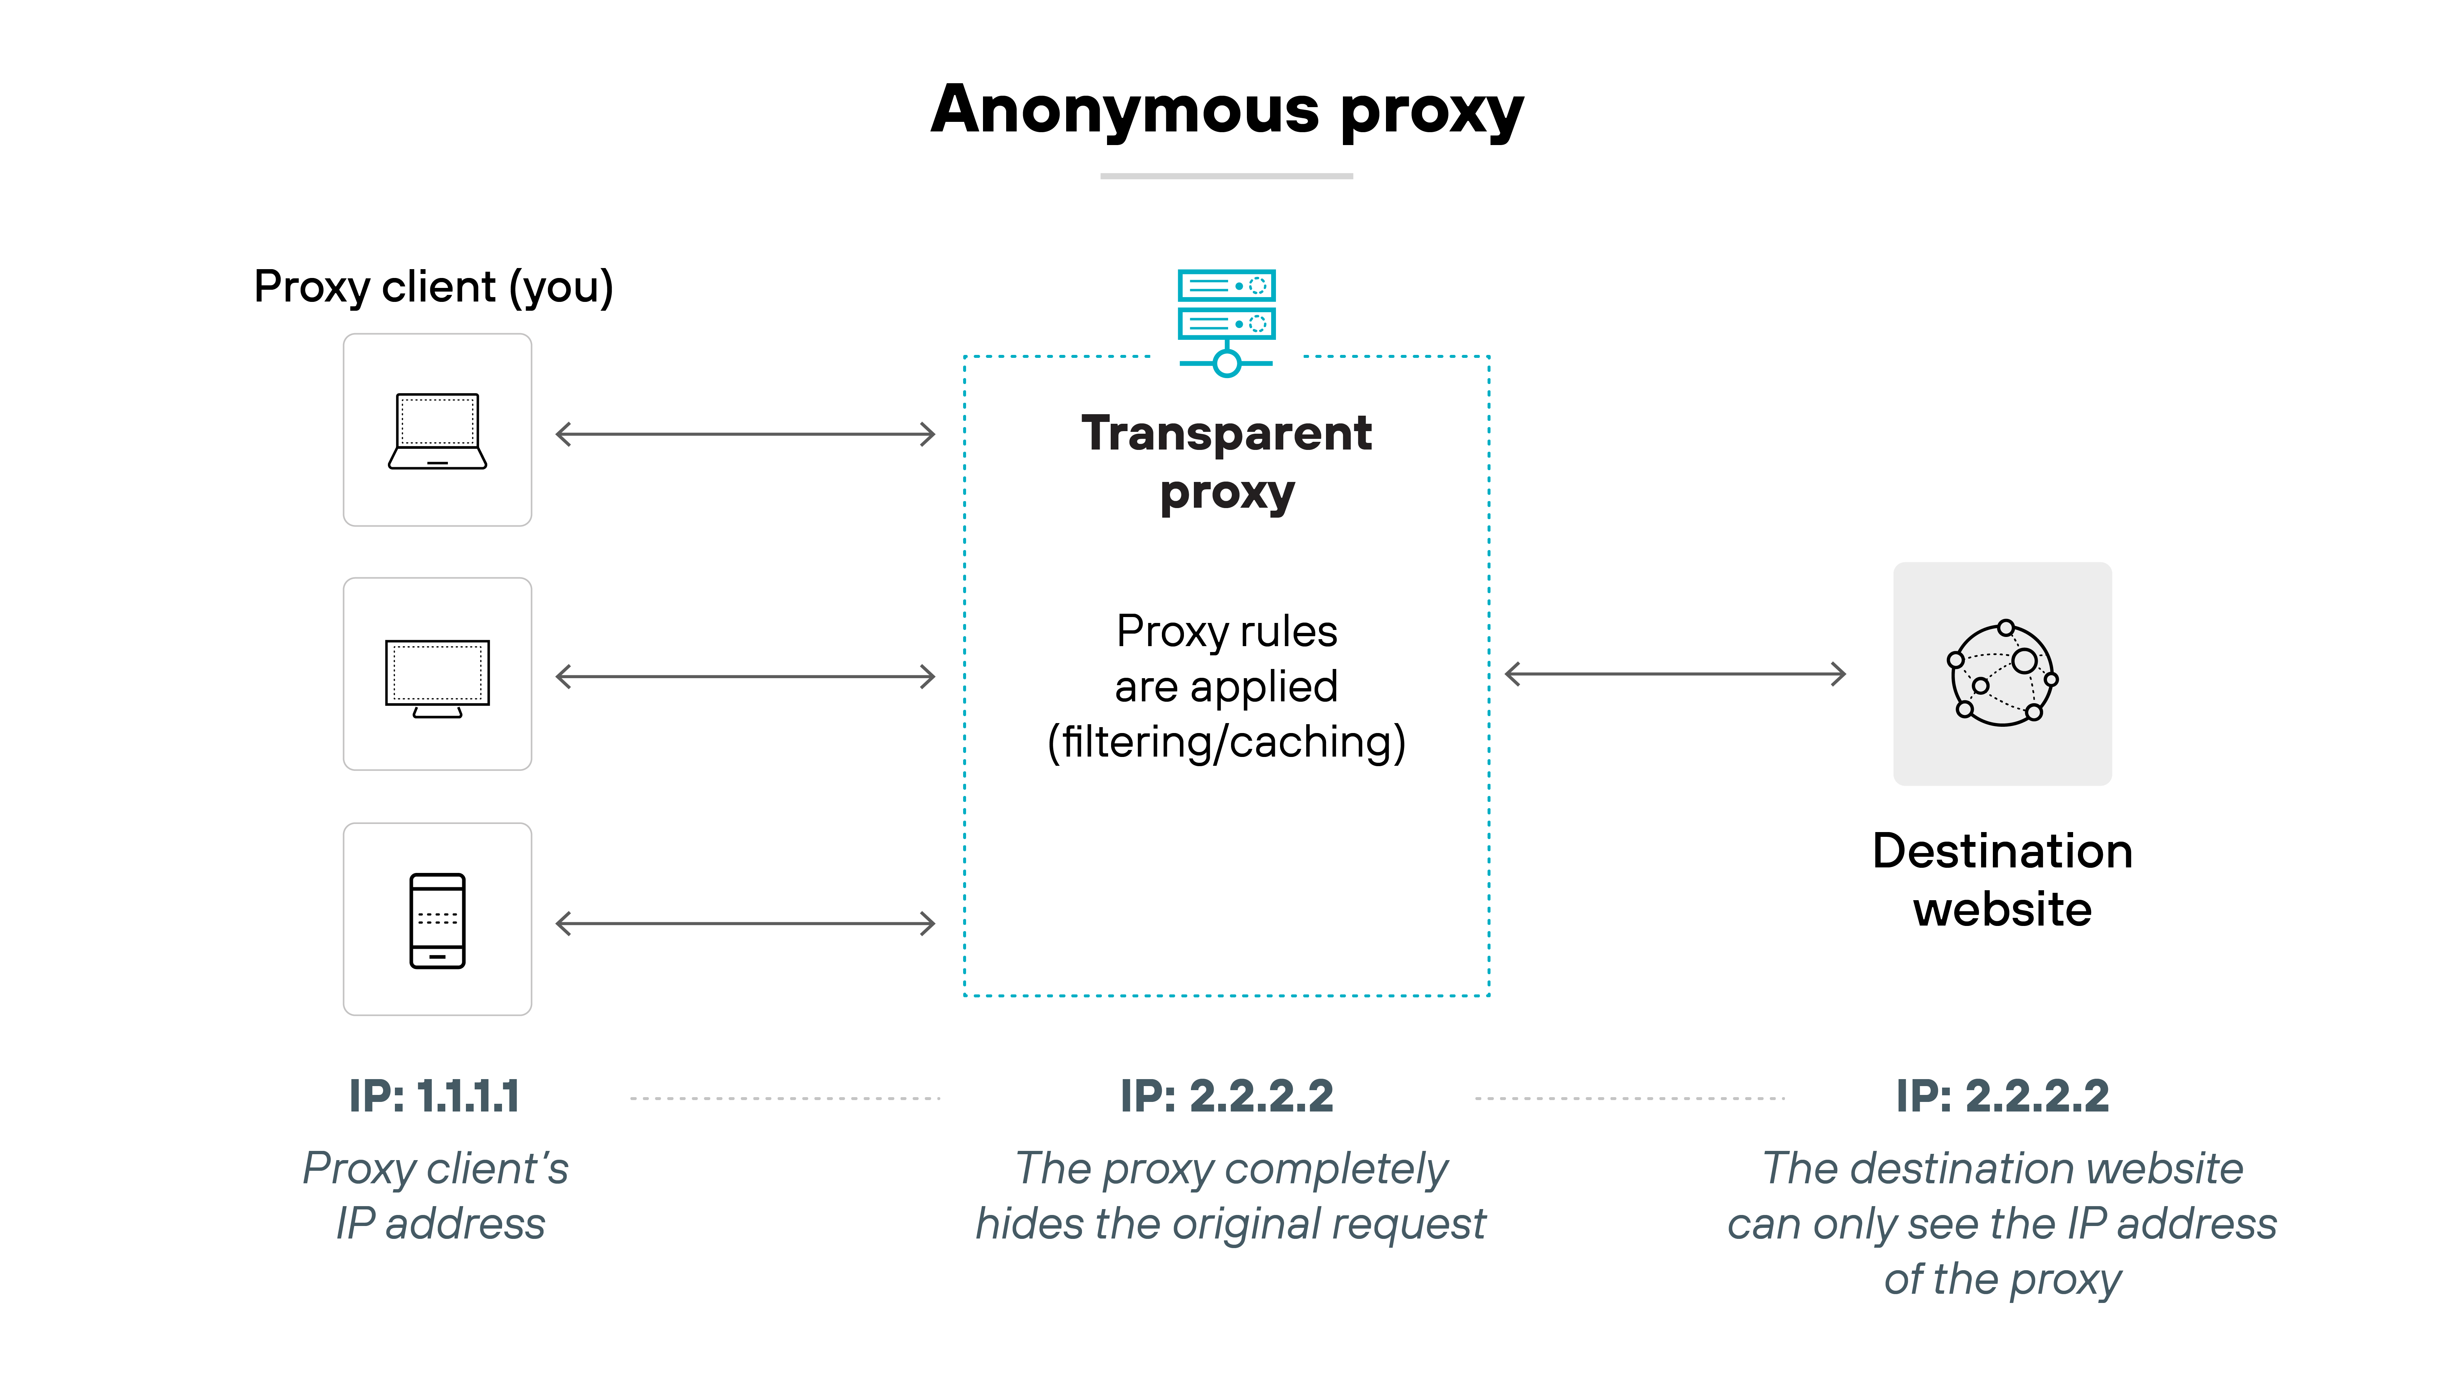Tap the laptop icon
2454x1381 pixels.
(x=437, y=431)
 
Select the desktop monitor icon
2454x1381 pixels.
(x=437, y=677)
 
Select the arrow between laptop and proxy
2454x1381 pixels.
(x=745, y=434)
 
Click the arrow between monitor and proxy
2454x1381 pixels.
(x=745, y=677)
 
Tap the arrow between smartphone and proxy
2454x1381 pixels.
(x=745, y=923)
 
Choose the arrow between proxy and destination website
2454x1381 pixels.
(x=1675, y=674)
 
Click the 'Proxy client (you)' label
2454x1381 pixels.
(x=434, y=287)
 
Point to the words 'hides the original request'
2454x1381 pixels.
(x=1230, y=1224)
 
